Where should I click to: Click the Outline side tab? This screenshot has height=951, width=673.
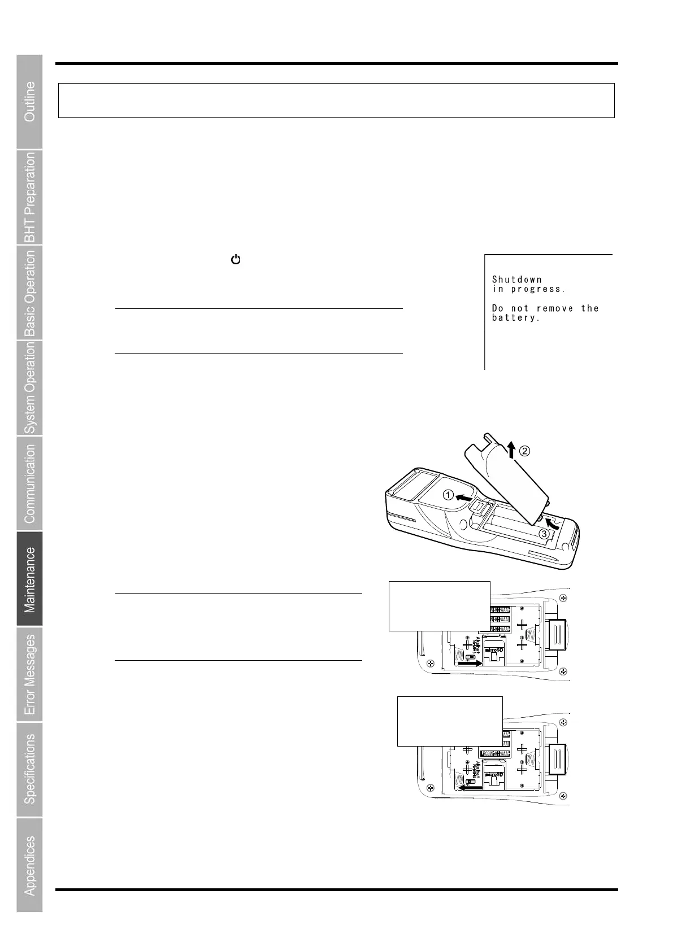[x=29, y=102]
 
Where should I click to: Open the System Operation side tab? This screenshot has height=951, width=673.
[x=29, y=388]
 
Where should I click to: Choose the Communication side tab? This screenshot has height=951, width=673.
[x=29, y=483]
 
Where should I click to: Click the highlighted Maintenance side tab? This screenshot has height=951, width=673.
[x=29, y=579]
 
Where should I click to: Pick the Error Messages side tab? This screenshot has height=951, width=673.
[x=29, y=674]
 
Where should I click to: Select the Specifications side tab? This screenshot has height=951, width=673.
[x=29, y=769]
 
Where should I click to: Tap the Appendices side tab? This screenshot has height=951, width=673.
[x=29, y=865]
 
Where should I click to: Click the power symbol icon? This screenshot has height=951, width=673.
[x=236, y=260]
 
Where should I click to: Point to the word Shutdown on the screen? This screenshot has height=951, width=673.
[x=516, y=280]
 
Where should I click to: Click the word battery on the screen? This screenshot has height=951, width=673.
[x=516, y=318]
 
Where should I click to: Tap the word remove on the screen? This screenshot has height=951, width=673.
[x=554, y=308]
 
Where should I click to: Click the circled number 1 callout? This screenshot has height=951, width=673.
[x=448, y=495]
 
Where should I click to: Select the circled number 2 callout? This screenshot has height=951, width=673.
[x=525, y=451]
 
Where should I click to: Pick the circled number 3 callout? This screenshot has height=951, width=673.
[x=544, y=534]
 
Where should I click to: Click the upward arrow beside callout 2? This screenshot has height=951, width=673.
[x=511, y=450]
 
